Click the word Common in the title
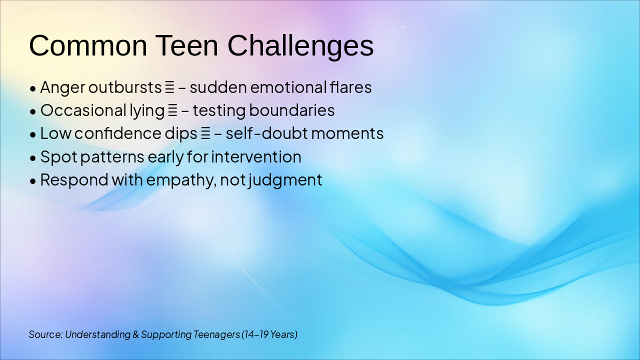coord(88,45)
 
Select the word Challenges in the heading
coord(300,45)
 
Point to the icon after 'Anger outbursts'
coord(170,88)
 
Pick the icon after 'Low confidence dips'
coord(205,134)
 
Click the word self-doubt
coord(260,133)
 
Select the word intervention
coord(256,157)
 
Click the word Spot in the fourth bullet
coord(58,157)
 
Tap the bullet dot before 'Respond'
coord(33,181)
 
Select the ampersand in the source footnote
coord(136,334)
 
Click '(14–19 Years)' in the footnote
coord(269,334)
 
